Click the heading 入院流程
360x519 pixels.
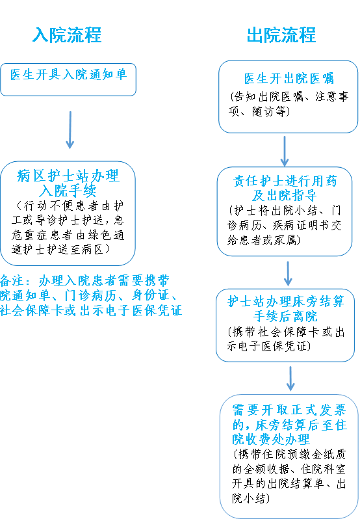(67, 34)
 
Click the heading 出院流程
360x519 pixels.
(281, 34)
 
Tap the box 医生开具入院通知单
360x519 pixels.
(68, 80)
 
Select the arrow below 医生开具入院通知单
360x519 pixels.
(70, 130)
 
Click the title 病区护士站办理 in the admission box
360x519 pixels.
(68, 176)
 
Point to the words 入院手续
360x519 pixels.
(68, 191)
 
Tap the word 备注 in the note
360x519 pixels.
(12, 281)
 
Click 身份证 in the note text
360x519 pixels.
(151, 295)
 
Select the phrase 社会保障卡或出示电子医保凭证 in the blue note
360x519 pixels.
(91, 310)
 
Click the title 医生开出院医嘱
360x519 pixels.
(289, 79)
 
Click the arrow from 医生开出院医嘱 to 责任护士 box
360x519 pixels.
(285, 151)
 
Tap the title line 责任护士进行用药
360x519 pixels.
(285, 181)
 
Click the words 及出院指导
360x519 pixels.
(285, 195)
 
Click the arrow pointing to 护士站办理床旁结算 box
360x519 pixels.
(288, 274)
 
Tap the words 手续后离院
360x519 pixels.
(285, 316)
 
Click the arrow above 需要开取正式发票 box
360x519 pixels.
(290, 379)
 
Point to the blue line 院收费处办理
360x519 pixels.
(271, 440)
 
